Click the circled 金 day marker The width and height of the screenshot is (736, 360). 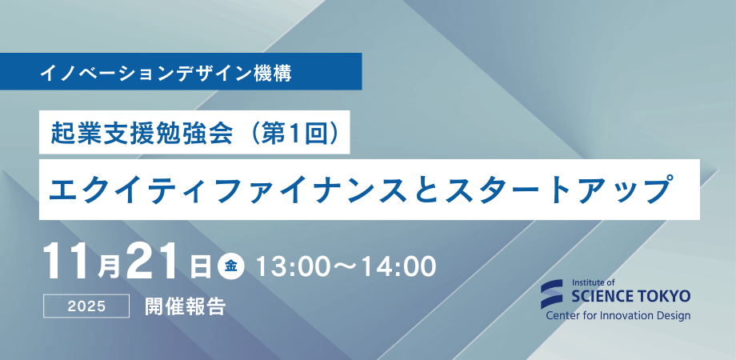coord(231,266)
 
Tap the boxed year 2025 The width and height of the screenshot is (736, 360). coord(87,306)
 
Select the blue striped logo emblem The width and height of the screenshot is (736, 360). coord(554,294)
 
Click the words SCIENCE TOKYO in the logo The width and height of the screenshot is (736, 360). coord(631,297)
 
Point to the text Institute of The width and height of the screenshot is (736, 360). coord(594,282)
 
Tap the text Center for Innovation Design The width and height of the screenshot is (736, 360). coord(618,316)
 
